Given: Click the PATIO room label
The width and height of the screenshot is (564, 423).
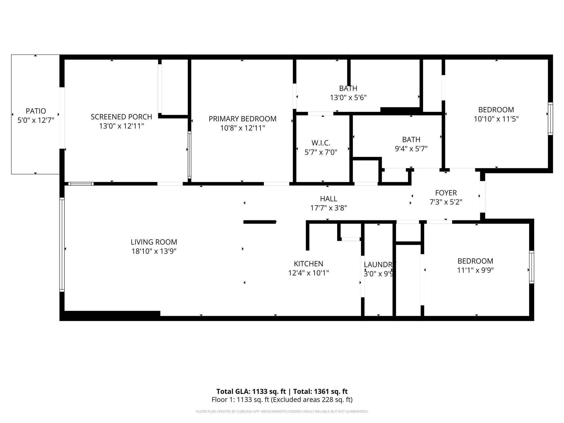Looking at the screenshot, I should tap(36, 111).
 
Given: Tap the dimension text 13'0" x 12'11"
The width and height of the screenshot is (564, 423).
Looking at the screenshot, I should tap(121, 126).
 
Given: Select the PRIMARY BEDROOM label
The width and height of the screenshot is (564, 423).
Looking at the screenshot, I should tap(242, 119).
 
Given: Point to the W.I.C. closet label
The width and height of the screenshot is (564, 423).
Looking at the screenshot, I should tap(321, 143).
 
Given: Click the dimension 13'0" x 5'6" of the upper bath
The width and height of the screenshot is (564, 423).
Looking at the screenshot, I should tap(348, 97).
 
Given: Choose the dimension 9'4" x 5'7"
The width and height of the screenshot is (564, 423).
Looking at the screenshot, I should tap(411, 149).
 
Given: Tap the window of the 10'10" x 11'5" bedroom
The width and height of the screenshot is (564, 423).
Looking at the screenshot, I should tap(550, 119).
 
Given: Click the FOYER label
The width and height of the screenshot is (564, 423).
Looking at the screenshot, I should tap(446, 193).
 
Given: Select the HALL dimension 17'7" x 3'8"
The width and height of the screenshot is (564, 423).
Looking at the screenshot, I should tap(328, 208).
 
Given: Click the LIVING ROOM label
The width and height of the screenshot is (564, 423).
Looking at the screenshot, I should tap(154, 242).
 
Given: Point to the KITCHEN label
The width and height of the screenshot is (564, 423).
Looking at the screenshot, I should tap(308, 264).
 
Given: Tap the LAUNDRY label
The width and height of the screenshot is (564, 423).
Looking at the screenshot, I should tap(379, 265).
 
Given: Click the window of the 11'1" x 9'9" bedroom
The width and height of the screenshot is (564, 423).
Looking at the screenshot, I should tap(532, 267).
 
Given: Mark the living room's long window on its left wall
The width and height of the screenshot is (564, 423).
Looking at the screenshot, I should tap(62, 245).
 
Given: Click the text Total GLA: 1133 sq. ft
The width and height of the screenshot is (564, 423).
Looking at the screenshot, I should tap(251, 391).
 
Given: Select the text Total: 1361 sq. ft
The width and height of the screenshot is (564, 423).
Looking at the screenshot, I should tap(320, 391).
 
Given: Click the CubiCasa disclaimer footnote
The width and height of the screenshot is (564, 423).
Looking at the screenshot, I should tap(282, 411).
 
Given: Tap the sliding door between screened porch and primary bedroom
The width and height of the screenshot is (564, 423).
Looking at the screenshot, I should tap(189, 155).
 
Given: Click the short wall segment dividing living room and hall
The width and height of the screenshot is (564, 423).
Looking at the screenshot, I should tap(259, 222).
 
